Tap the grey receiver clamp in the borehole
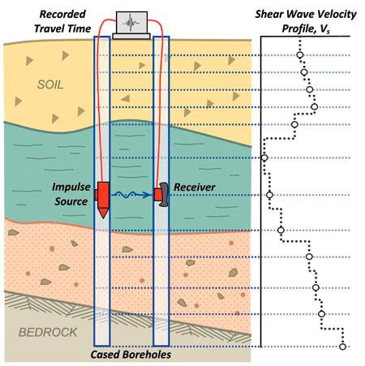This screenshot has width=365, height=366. coord(164,195)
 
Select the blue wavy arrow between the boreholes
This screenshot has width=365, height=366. coord(132,194)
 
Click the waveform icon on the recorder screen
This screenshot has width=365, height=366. coord(131,23)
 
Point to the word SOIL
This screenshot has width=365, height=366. coord(50,84)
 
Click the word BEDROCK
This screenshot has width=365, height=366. coord(48,332)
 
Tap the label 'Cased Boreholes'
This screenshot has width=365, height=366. coord(131,355)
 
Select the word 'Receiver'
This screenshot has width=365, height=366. coord(195,187)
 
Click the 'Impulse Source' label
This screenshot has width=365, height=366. coord(71,194)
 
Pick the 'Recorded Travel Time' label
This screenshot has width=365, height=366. coord(62,21)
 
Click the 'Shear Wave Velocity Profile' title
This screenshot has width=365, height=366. coord(306,21)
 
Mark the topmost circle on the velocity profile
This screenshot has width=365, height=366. coord(299,55)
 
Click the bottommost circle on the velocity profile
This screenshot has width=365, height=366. coord(342,347)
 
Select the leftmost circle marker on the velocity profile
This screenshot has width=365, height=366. coord(264,157)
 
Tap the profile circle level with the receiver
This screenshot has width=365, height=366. coord(269,195)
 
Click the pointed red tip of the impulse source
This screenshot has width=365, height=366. coord(103,217)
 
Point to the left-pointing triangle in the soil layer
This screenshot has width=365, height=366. coord(126,98)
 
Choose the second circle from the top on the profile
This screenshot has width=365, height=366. coord(304,72)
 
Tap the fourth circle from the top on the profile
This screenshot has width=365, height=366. coord(314,107)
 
